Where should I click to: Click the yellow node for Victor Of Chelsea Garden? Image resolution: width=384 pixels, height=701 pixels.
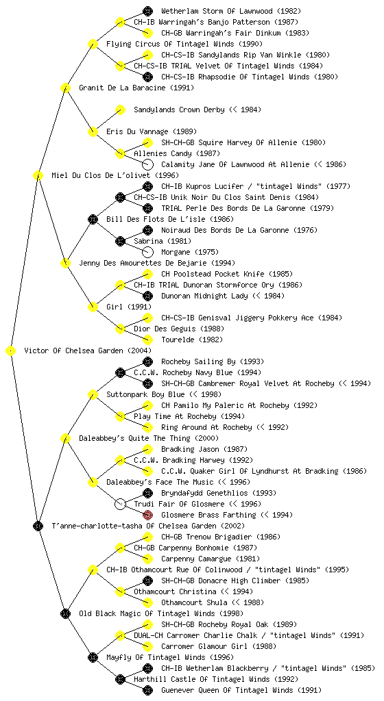pos(11,351)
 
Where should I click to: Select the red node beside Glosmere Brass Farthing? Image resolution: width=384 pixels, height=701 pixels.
pos(147,515)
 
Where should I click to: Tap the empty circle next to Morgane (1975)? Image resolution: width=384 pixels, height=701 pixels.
pos(147,252)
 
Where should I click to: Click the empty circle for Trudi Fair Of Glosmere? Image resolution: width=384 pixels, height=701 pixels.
pos(120,504)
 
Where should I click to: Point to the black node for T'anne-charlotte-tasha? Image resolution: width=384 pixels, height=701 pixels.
pos(38,526)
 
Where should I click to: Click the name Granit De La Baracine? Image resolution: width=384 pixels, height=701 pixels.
pos(124,88)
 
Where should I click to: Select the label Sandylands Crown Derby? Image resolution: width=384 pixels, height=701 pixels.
pos(180,110)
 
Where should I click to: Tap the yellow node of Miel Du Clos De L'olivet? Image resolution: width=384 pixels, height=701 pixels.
pos(38,176)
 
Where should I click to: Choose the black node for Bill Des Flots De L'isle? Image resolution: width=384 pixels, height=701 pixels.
pos(93,219)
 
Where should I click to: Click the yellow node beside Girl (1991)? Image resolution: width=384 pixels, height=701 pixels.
pos(93,307)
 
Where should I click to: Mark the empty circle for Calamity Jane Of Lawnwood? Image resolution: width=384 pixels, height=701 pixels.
pos(147,164)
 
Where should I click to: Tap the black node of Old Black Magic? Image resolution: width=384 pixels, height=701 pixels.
pos(65,613)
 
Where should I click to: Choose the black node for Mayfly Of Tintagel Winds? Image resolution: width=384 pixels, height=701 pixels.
pos(93,657)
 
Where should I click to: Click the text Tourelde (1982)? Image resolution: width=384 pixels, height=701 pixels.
pos(192,340)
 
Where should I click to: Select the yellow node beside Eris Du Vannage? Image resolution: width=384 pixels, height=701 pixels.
pos(93,132)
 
